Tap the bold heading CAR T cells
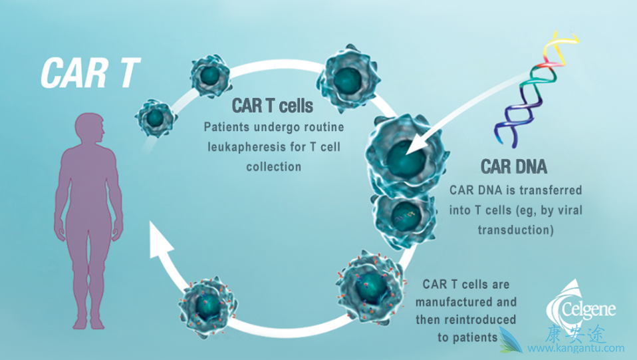point(273,106)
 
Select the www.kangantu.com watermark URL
point(576,348)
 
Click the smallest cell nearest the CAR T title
point(155,118)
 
